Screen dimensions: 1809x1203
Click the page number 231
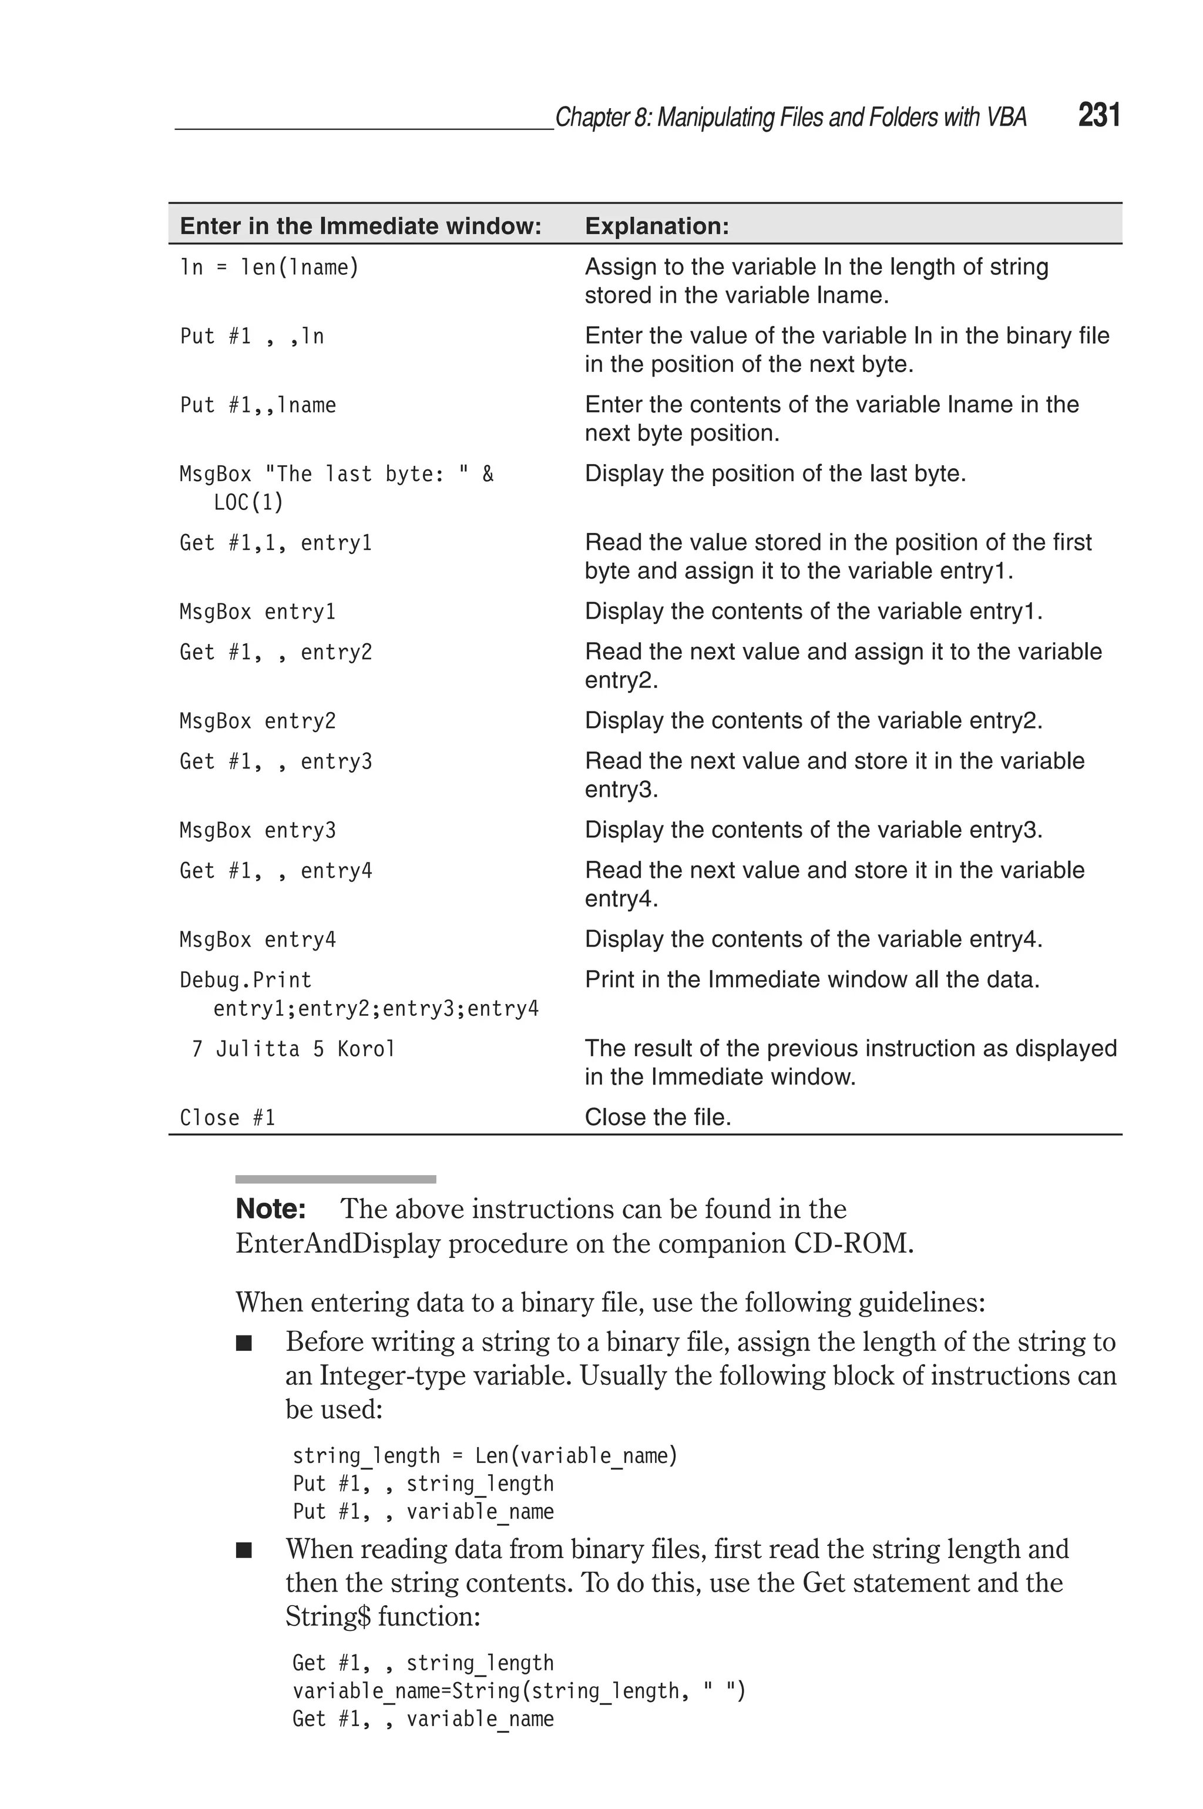[1098, 115]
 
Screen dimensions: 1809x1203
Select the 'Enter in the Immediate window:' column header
[361, 226]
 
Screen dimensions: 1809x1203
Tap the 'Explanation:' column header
[657, 226]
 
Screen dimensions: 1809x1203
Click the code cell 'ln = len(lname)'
[269, 267]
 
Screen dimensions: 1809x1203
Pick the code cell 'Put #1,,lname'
[258, 404]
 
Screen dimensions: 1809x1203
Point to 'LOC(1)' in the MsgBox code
[248, 502]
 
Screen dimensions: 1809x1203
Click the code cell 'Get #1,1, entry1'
[275, 542]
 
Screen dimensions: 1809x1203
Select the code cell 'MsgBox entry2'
[258, 720]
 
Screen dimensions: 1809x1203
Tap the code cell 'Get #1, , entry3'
[275, 761]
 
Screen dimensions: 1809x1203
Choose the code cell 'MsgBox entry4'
[258, 939]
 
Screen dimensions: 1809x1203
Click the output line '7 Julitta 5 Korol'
[293, 1048]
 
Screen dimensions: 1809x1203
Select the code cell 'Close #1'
[227, 1117]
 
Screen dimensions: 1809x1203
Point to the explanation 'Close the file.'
[657, 1117]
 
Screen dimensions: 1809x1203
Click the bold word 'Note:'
[271, 1209]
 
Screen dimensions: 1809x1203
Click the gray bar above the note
[335, 1179]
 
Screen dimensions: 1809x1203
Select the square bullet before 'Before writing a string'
[244, 1343]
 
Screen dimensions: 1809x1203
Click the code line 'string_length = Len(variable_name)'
[485, 1455]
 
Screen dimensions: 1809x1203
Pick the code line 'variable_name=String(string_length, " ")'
[519, 1690]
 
